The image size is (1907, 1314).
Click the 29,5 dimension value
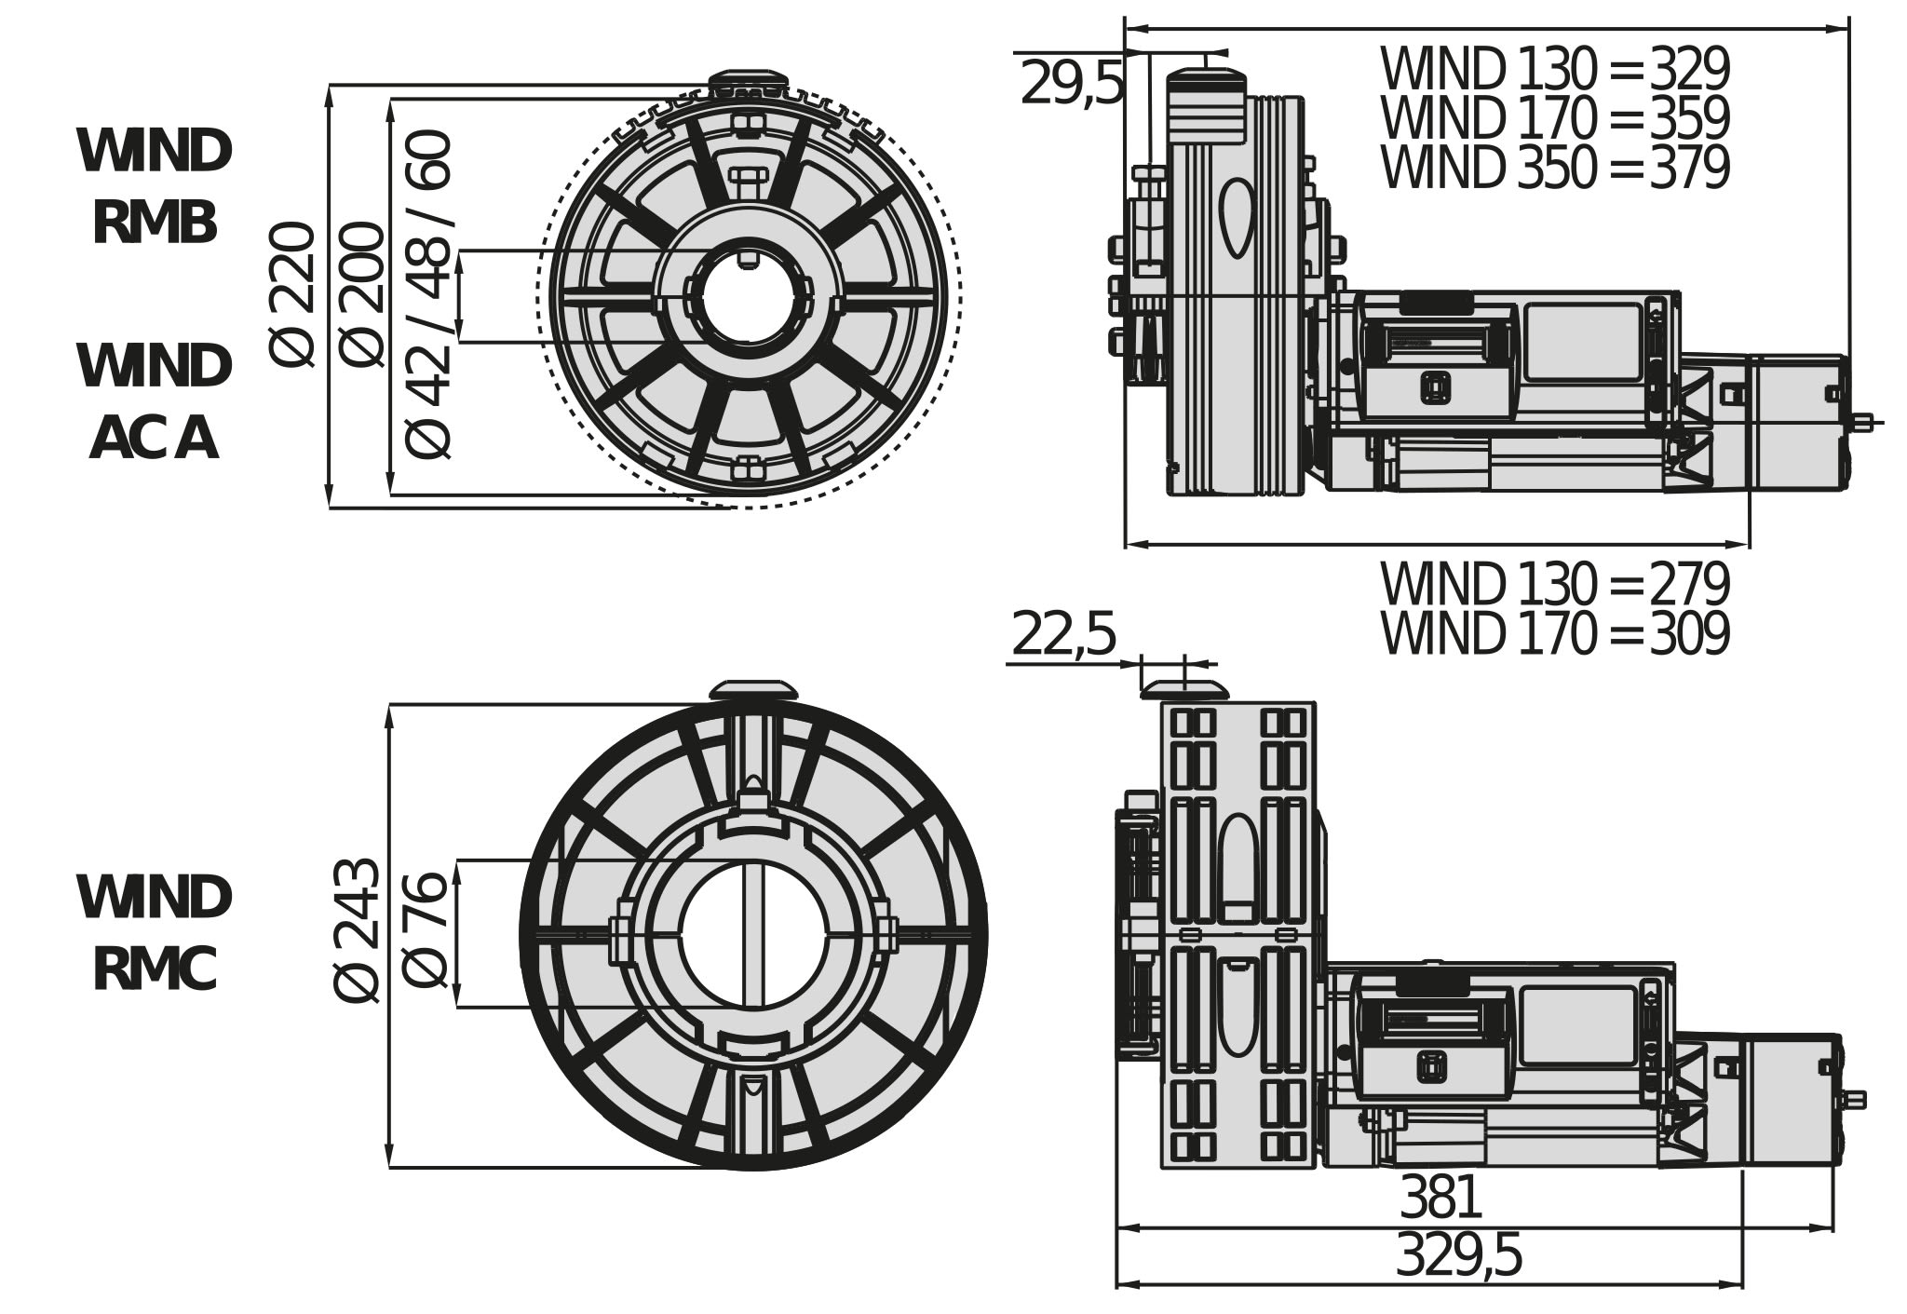(x=1072, y=84)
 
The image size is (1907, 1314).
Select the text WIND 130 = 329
(x=1554, y=69)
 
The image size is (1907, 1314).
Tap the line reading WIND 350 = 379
(x=1554, y=168)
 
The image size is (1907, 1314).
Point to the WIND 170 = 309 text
(x=1554, y=634)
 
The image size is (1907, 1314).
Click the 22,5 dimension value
(x=1062, y=634)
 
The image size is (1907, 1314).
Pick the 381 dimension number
(x=1440, y=1198)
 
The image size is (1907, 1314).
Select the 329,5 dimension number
(x=1458, y=1255)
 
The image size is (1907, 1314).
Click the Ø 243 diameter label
(x=357, y=930)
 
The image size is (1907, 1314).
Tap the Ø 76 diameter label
(x=426, y=930)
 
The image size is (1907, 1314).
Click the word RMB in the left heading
(x=155, y=224)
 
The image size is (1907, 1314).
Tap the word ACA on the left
(x=155, y=439)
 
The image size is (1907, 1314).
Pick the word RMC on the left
(x=155, y=969)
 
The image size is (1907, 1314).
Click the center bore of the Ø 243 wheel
(x=754, y=934)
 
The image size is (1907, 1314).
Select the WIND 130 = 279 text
(x=1554, y=585)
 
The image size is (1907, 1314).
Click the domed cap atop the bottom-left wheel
(x=754, y=689)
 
